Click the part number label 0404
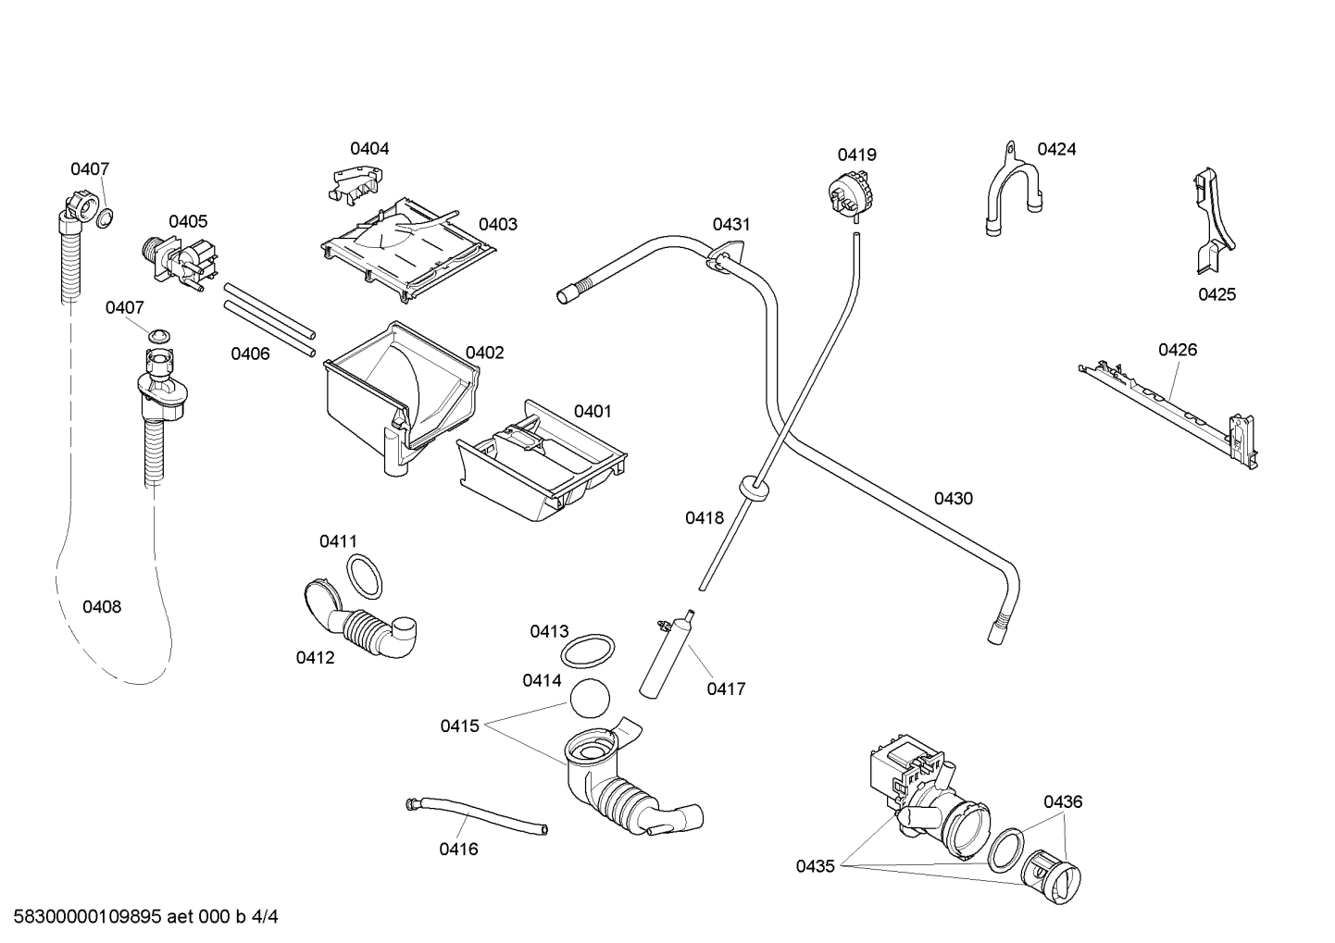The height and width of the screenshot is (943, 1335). tap(369, 148)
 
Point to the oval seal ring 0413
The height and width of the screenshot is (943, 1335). tap(589, 650)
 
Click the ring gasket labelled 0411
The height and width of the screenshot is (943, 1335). tap(365, 577)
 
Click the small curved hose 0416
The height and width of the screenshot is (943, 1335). tap(476, 814)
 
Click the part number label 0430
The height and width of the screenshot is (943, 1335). tap(953, 499)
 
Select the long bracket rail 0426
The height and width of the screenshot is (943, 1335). tap(1171, 408)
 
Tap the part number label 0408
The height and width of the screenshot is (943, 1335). tap(102, 607)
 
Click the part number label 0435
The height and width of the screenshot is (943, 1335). tap(815, 866)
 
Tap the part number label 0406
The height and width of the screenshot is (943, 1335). tap(250, 354)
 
